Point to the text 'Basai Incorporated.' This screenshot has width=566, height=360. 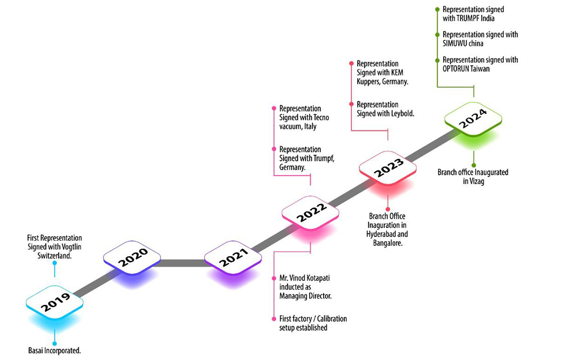(x=55, y=351)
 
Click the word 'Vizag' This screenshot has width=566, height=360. (x=479, y=181)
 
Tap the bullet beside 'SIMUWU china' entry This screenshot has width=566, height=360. (x=437, y=34)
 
